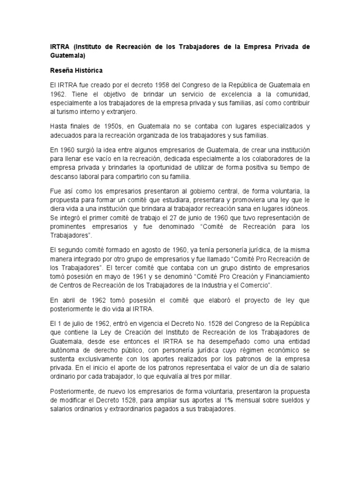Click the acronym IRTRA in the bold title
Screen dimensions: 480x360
60,47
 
